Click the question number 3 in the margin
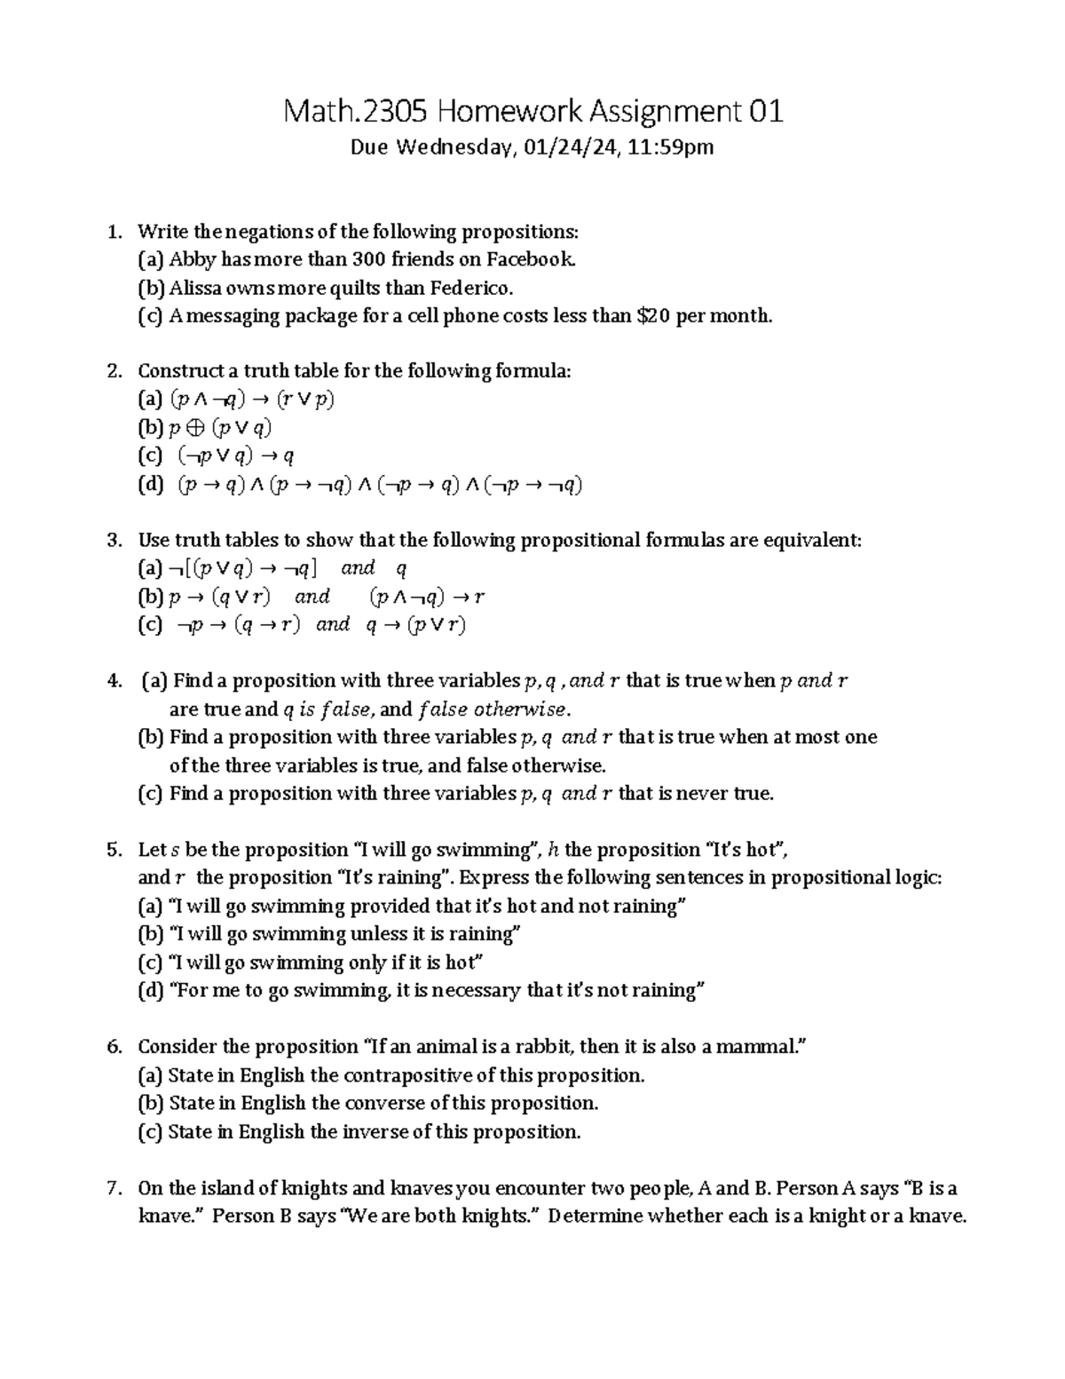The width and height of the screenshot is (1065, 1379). tap(113, 541)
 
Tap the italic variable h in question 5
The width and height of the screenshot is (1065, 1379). tap(553, 851)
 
